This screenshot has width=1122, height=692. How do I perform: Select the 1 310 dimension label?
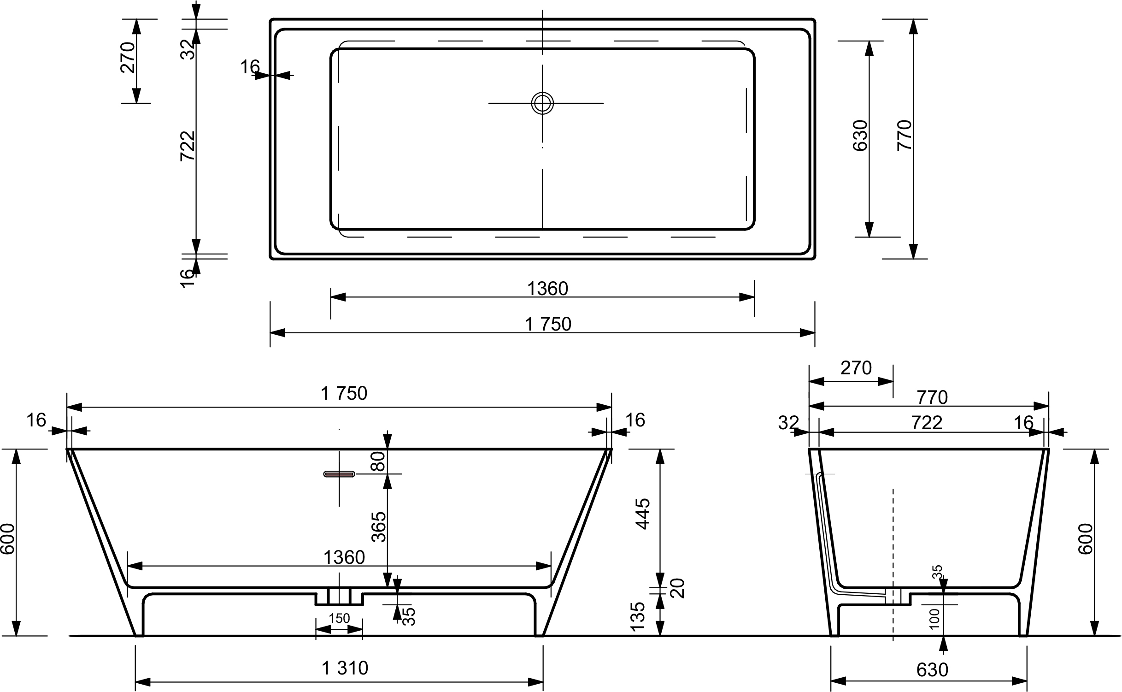[345, 668]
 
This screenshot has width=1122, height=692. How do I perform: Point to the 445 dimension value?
[642, 514]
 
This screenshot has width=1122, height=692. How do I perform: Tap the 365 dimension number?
[378, 526]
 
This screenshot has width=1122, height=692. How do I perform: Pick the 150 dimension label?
[340, 618]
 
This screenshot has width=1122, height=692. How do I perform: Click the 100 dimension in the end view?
[935, 618]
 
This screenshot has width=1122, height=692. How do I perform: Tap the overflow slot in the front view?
[340, 474]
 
